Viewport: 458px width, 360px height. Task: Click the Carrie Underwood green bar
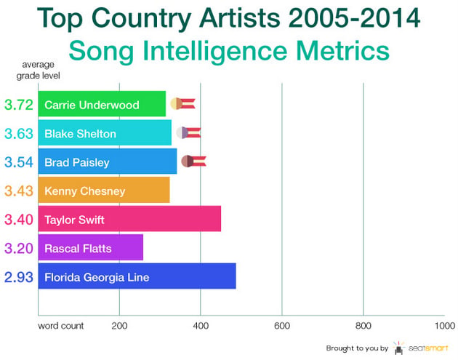click(x=102, y=104)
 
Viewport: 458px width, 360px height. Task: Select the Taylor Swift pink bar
click(x=129, y=219)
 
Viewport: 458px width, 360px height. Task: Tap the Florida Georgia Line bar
click(x=137, y=276)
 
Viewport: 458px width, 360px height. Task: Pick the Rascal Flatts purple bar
click(x=91, y=247)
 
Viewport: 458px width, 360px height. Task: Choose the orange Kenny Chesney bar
click(x=104, y=190)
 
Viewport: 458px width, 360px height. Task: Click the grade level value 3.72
click(x=19, y=105)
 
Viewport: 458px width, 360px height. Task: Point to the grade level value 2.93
click(x=19, y=277)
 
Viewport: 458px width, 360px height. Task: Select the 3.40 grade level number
click(x=19, y=220)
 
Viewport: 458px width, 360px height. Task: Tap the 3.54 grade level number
click(x=19, y=162)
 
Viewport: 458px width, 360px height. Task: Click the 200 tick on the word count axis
click(x=119, y=326)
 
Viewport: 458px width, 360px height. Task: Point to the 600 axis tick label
click(x=282, y=326)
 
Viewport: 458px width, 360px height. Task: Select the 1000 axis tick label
click(x=445, y=326)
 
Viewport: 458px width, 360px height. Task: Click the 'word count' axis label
click(x=61, y=326)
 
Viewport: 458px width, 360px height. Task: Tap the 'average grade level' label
click(x=38, y=70)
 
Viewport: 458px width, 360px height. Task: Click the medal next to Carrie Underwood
click(x=183, y=104)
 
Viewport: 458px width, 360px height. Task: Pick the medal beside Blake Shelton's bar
click(x=188, y=132)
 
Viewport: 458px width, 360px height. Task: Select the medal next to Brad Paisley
click(x=193, y=161)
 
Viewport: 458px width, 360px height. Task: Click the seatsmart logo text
click(x=428, y=348)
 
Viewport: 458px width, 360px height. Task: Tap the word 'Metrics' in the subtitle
click(x=342, y=51)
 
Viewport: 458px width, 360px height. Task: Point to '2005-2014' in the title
click(x=354, y=18)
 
